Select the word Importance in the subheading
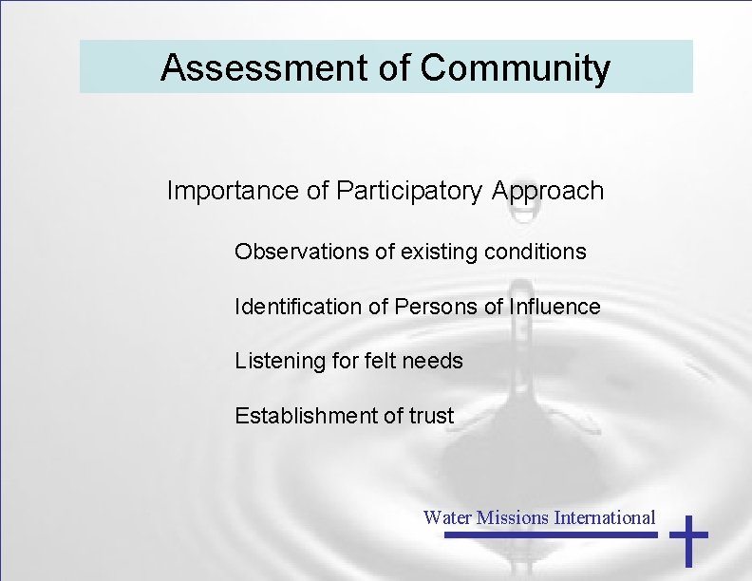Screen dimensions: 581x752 [x=233, y=191]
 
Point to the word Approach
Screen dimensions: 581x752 [x=548, y=191]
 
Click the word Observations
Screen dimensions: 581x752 [x=299, y=253]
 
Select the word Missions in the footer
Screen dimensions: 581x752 [x=513, y=517]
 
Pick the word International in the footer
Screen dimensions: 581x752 [x=605, y=517]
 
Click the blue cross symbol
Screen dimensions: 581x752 [x=688, y=542]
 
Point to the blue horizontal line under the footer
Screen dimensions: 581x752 [x=551, y=534]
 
